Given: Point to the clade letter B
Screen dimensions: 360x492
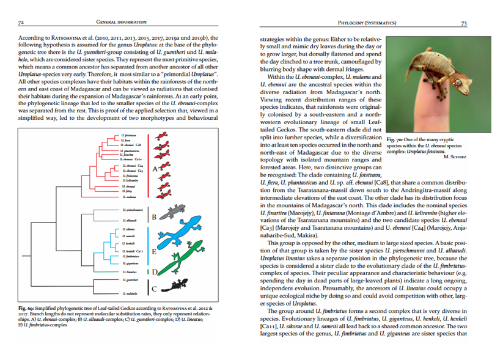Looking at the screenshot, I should [x=155, y=217].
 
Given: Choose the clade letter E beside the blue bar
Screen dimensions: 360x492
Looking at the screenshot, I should [x=155, y=251].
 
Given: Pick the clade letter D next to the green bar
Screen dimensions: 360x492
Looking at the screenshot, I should [x=155, y=271].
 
